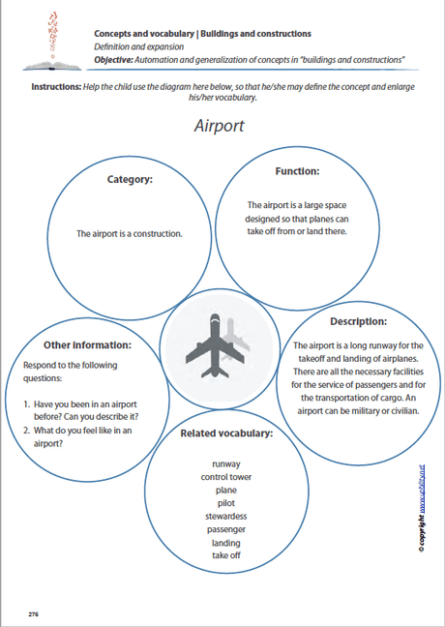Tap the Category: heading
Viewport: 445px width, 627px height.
pyautogui.click(x=129, y=178)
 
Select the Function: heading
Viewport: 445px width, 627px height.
pyautogui.click(x=297, y=171)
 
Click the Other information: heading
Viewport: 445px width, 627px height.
pyautogui.click(x=88, y=344)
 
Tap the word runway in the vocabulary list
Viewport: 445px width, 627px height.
pyautogui.click(x=225, y=463)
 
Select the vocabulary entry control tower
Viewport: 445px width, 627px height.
pyautogui.click(x=225, y=477)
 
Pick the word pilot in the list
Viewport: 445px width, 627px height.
pyautogui.click(x=225, y=503)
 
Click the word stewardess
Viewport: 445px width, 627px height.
pyautogui.click(x=225, y=517)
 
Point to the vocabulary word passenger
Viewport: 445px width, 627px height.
pyautogui.click(x=225, y=529)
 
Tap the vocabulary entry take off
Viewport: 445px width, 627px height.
pyautogui.click(x=225, y=555)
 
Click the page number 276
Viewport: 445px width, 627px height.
pyautogui.click(x=33, y=613)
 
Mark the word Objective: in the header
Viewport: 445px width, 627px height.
pyautogui.click(x=113, y=60)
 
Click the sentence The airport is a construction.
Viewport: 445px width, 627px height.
pyautogui.click(x=129, y=233)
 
